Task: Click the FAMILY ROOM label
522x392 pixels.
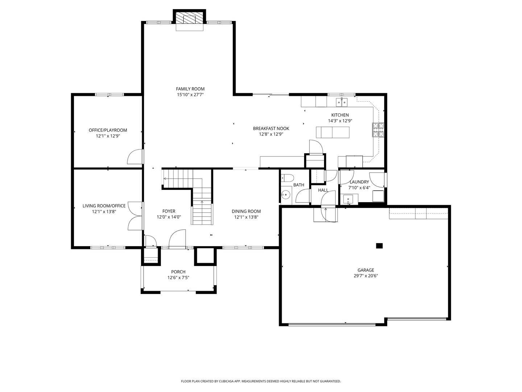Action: tap(190, 89)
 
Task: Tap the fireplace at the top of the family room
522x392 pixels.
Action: tap(190, 19)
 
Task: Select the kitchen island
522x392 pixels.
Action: tap(332, 132)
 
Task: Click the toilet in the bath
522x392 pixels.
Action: tap(287, 178)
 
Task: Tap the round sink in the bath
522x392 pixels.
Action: tap(286, 195)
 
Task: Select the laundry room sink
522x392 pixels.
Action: tap(348, 199)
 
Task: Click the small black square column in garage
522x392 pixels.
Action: tap(379, 246)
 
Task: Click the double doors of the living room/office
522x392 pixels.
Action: tap(134, 216)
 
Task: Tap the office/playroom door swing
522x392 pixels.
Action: tap(134, 158)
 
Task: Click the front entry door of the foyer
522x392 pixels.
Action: tap(178, 239)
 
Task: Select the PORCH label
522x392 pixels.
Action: tap(178, 272)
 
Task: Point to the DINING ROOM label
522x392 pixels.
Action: tap(246, 211)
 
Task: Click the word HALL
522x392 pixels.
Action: tap(323, 190)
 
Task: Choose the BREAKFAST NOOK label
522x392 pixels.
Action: tap(271, 128)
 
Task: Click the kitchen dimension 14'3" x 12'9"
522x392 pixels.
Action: tap(340, 121)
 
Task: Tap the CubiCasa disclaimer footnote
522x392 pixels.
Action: tap(261, 381)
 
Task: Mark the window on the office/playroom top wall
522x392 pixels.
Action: tap(109, 95)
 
